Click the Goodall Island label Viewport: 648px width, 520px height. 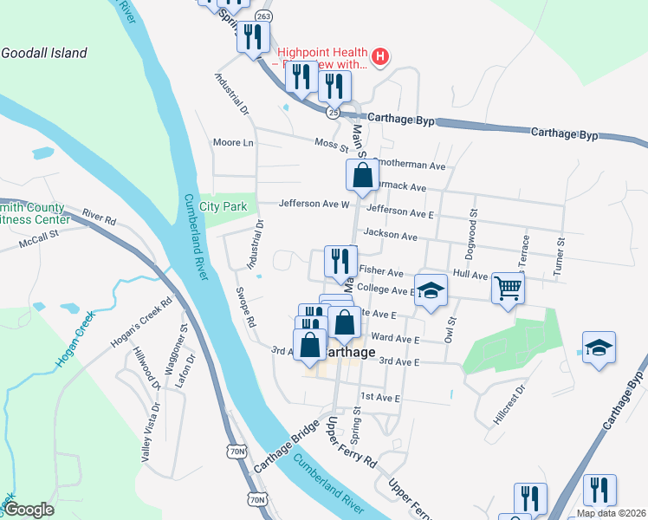(44, 53)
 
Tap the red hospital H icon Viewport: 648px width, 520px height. (380, 59)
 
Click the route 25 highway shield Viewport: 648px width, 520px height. (334, 113)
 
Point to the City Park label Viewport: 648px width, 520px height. (223, 206)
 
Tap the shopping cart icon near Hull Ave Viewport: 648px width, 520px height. (508, 289)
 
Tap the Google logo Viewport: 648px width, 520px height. (29, 510)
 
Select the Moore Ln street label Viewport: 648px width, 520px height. (233, 142)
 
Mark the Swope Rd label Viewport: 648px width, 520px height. (245, 309)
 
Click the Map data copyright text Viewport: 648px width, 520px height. (610, 513)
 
